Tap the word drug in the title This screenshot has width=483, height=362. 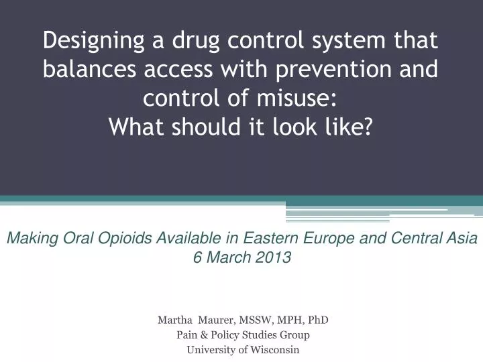[x=185, y=42]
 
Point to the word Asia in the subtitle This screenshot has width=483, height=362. [x=462, y=237]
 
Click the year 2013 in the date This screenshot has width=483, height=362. [x=276, y=256]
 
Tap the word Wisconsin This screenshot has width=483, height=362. [x=275, y=349]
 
